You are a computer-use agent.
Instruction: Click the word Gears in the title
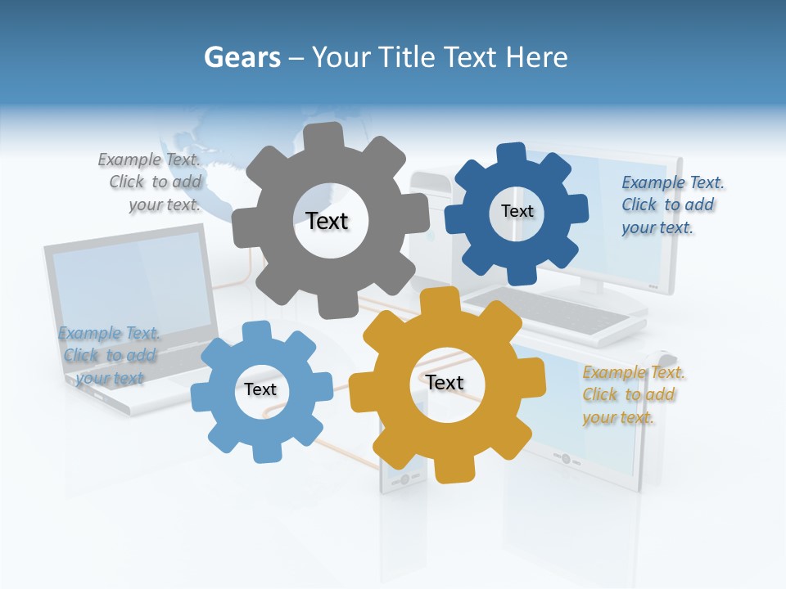point(242,57)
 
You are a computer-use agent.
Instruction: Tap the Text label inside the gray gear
point(327,221)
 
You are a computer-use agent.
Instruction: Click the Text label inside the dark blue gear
point(517,211)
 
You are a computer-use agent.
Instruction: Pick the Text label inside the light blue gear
point(260,389)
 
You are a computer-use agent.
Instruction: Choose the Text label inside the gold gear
point(445,382)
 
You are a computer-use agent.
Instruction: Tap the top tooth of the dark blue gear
point(511,154)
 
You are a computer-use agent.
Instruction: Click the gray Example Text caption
point(152,182)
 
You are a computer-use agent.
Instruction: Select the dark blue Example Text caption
point(671,205)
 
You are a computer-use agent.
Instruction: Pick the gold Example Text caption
point(632,394)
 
